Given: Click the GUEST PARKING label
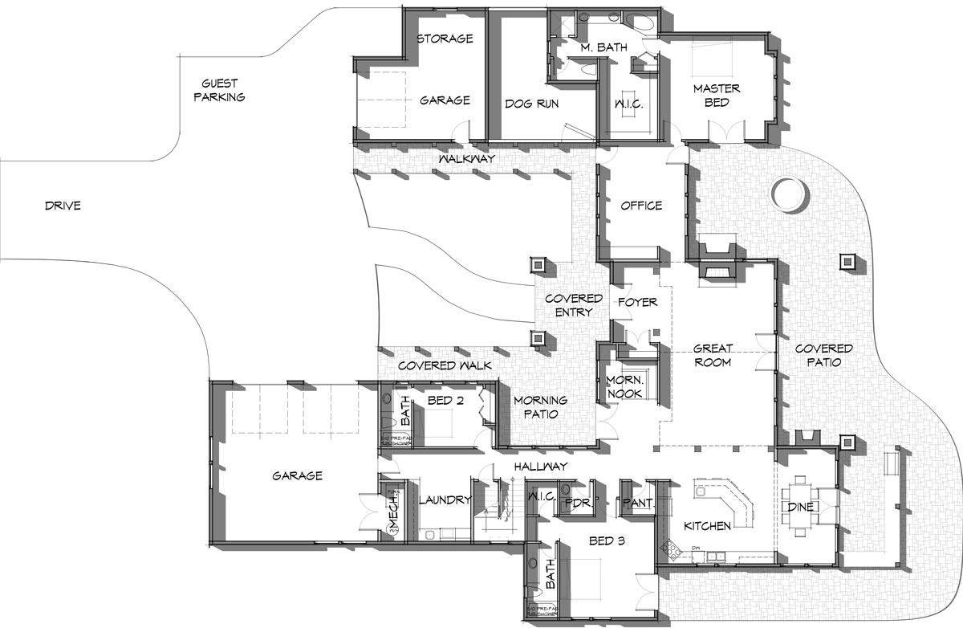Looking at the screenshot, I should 222,90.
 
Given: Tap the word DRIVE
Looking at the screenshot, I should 63,206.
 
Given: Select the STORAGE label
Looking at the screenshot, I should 445,39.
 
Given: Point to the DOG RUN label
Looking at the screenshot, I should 531,104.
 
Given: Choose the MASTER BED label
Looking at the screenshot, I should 717,96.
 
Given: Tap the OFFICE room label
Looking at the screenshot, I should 641,206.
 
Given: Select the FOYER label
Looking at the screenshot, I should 637,303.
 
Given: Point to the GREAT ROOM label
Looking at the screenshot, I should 712,356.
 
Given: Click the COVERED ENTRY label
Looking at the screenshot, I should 573,305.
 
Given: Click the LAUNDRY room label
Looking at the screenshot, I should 445,500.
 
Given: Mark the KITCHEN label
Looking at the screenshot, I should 707,526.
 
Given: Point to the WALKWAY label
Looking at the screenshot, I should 466,160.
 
